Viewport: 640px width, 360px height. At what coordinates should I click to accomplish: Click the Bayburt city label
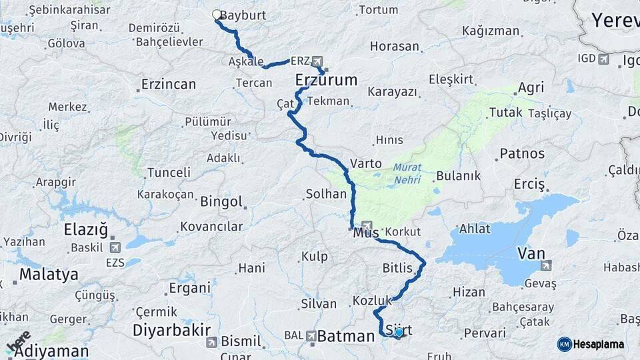[x=243, y=14]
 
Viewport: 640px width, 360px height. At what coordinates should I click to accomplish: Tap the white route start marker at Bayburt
[x=216, y=14]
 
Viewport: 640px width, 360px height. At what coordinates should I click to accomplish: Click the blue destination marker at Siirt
[x=399, y=332]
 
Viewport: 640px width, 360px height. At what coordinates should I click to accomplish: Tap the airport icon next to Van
[x=547, y=265]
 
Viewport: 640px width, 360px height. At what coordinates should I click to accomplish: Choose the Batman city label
[x=346, y=337]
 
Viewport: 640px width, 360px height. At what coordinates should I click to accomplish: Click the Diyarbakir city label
[x=171, y=330]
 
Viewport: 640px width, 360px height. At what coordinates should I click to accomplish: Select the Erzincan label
[x=169, y=85]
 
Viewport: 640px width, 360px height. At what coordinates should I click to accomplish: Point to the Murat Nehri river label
[x=406, y=173]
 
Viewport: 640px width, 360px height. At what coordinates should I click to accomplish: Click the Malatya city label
[x=49, y=274]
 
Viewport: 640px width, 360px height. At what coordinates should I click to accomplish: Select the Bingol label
[x=221, y=201]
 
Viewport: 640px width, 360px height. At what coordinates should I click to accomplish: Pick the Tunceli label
[x=169, y=172]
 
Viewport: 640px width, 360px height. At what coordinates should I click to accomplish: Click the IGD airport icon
[x=604, y=59]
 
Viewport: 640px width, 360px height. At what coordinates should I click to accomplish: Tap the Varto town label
[x=366, y=163]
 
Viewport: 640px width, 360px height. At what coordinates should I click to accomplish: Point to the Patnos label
[x=522, y=153]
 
